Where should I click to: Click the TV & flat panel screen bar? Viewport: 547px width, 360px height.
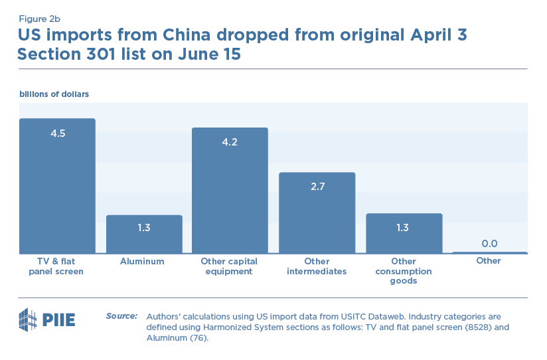(x=57, y=193)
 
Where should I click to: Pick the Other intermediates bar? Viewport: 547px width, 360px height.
(x=317, y=219)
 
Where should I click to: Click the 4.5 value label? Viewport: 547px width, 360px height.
(x=58, y=133)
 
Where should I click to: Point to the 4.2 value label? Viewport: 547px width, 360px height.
(x=230, y=141)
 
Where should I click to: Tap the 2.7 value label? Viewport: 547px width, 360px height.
(x=317, y=187)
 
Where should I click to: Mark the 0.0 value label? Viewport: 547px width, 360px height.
(x=490, y=243)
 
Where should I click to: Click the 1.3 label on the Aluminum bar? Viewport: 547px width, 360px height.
(x=144, y=228)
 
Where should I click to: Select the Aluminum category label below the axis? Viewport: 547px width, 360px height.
(x=142, y=261)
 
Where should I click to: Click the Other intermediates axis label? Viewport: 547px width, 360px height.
(x=317, y=266)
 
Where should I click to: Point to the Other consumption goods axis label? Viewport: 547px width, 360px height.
(x=404, y=271)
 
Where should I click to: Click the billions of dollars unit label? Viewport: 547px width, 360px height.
(x=54, y=94)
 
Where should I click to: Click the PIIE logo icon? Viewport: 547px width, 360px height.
(x=27, y=319)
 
